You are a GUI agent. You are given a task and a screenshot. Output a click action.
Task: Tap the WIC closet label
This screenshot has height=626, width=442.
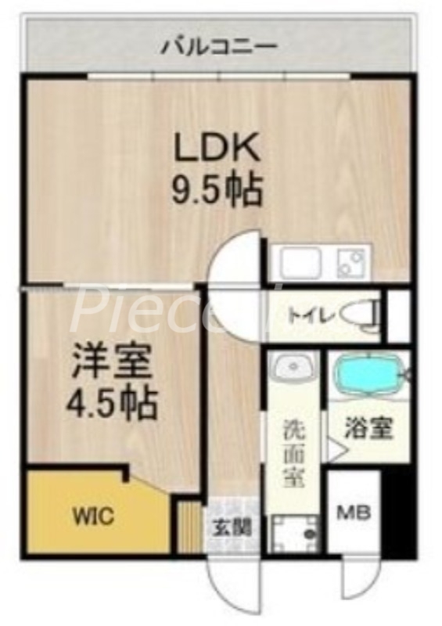(x=95, y=516)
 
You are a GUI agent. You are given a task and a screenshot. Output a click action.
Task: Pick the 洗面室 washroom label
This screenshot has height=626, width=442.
(x=294, y=452)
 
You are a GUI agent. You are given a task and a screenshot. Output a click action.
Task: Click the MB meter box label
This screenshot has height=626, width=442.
(x=354, y=513)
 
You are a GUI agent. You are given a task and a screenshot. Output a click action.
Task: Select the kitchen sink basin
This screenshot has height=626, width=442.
(x=301, y=263)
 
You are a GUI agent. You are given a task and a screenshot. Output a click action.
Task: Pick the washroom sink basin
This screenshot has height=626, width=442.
(x=293, y=366)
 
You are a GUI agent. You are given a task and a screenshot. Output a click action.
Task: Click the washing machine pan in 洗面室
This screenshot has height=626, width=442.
(x=293, y=534)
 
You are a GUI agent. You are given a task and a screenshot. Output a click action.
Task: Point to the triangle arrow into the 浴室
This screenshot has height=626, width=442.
(x=335, y=450)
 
